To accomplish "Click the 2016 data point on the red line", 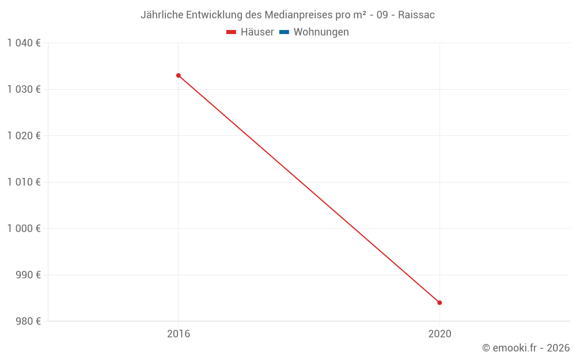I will click(x=179, y=75).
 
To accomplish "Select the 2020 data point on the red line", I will click(x=439, y=302).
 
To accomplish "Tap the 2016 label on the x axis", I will click(x=179, y=334).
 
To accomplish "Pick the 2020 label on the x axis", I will click(x=439, y=334).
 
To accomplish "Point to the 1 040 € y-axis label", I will click(x=24, y=43).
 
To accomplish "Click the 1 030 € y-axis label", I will click(x=24, y=89).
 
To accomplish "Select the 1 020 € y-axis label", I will click(x=24, y=135).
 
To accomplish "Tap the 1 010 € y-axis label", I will click(x=24, y=182).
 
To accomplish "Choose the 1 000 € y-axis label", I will click(x=24, y=228).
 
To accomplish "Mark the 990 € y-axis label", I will click(x=28, y=275).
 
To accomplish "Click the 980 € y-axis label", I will click(x=28, y=321).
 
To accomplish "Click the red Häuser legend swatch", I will click(x=232, y=32).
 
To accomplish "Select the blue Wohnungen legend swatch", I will click(x=284, y=32).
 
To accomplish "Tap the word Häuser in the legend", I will click(x=257, y=32).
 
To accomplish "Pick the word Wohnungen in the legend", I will click(x=321, y=32).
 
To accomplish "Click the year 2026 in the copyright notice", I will click(x=558, y=348).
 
